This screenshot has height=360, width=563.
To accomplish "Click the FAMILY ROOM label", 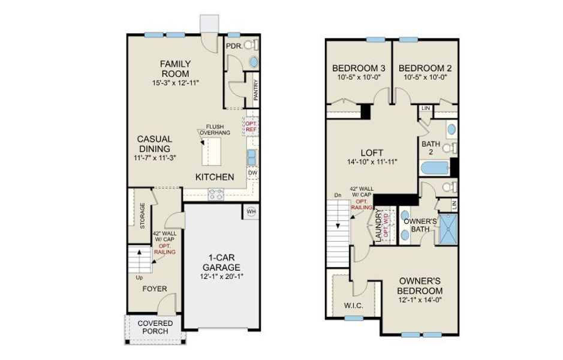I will click(175, 68).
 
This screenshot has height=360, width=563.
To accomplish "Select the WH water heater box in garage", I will click(251, 211).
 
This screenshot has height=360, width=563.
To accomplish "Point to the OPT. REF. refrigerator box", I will click(251, 127).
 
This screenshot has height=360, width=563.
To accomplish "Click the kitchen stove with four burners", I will click(216, 193).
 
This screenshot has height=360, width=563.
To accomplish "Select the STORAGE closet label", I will click(143, 216).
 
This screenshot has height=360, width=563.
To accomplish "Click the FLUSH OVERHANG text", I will click(211, 130).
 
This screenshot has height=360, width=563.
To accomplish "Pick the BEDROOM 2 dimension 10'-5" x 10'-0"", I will click(423, 77).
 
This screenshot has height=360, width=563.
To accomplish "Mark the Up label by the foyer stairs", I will click(139, 278).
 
